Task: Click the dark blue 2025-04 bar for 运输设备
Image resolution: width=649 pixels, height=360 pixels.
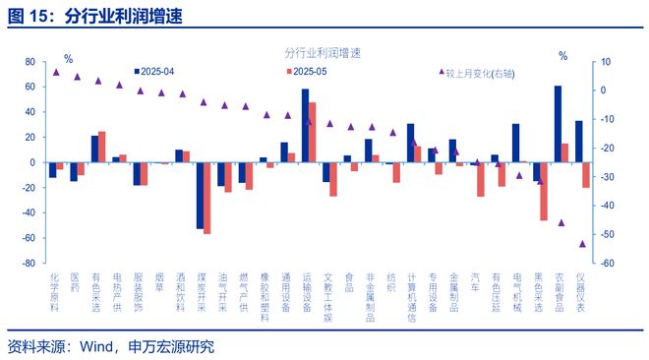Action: pyautogui.click(x=305, y=126)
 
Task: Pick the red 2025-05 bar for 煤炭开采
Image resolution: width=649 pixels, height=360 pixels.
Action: pyautogui.click(x=207, y=198)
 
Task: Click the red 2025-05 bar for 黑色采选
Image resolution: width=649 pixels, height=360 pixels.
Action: pyautogui.click(x=544, y=191)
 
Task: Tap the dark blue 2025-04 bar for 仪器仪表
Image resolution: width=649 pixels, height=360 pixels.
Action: pyautogui.click(x=578, y=142)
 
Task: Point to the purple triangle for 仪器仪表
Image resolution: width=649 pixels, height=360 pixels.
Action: pyautogui.click(x=582, y=243)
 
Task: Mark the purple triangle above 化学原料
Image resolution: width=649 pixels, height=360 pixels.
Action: pyautogui.click(x=56, y=72)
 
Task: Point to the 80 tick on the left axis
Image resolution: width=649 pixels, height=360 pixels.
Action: pyautogui.click(x=29, y=62)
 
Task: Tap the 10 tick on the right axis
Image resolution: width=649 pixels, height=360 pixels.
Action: pyautogui.click(x=607, y=62)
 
